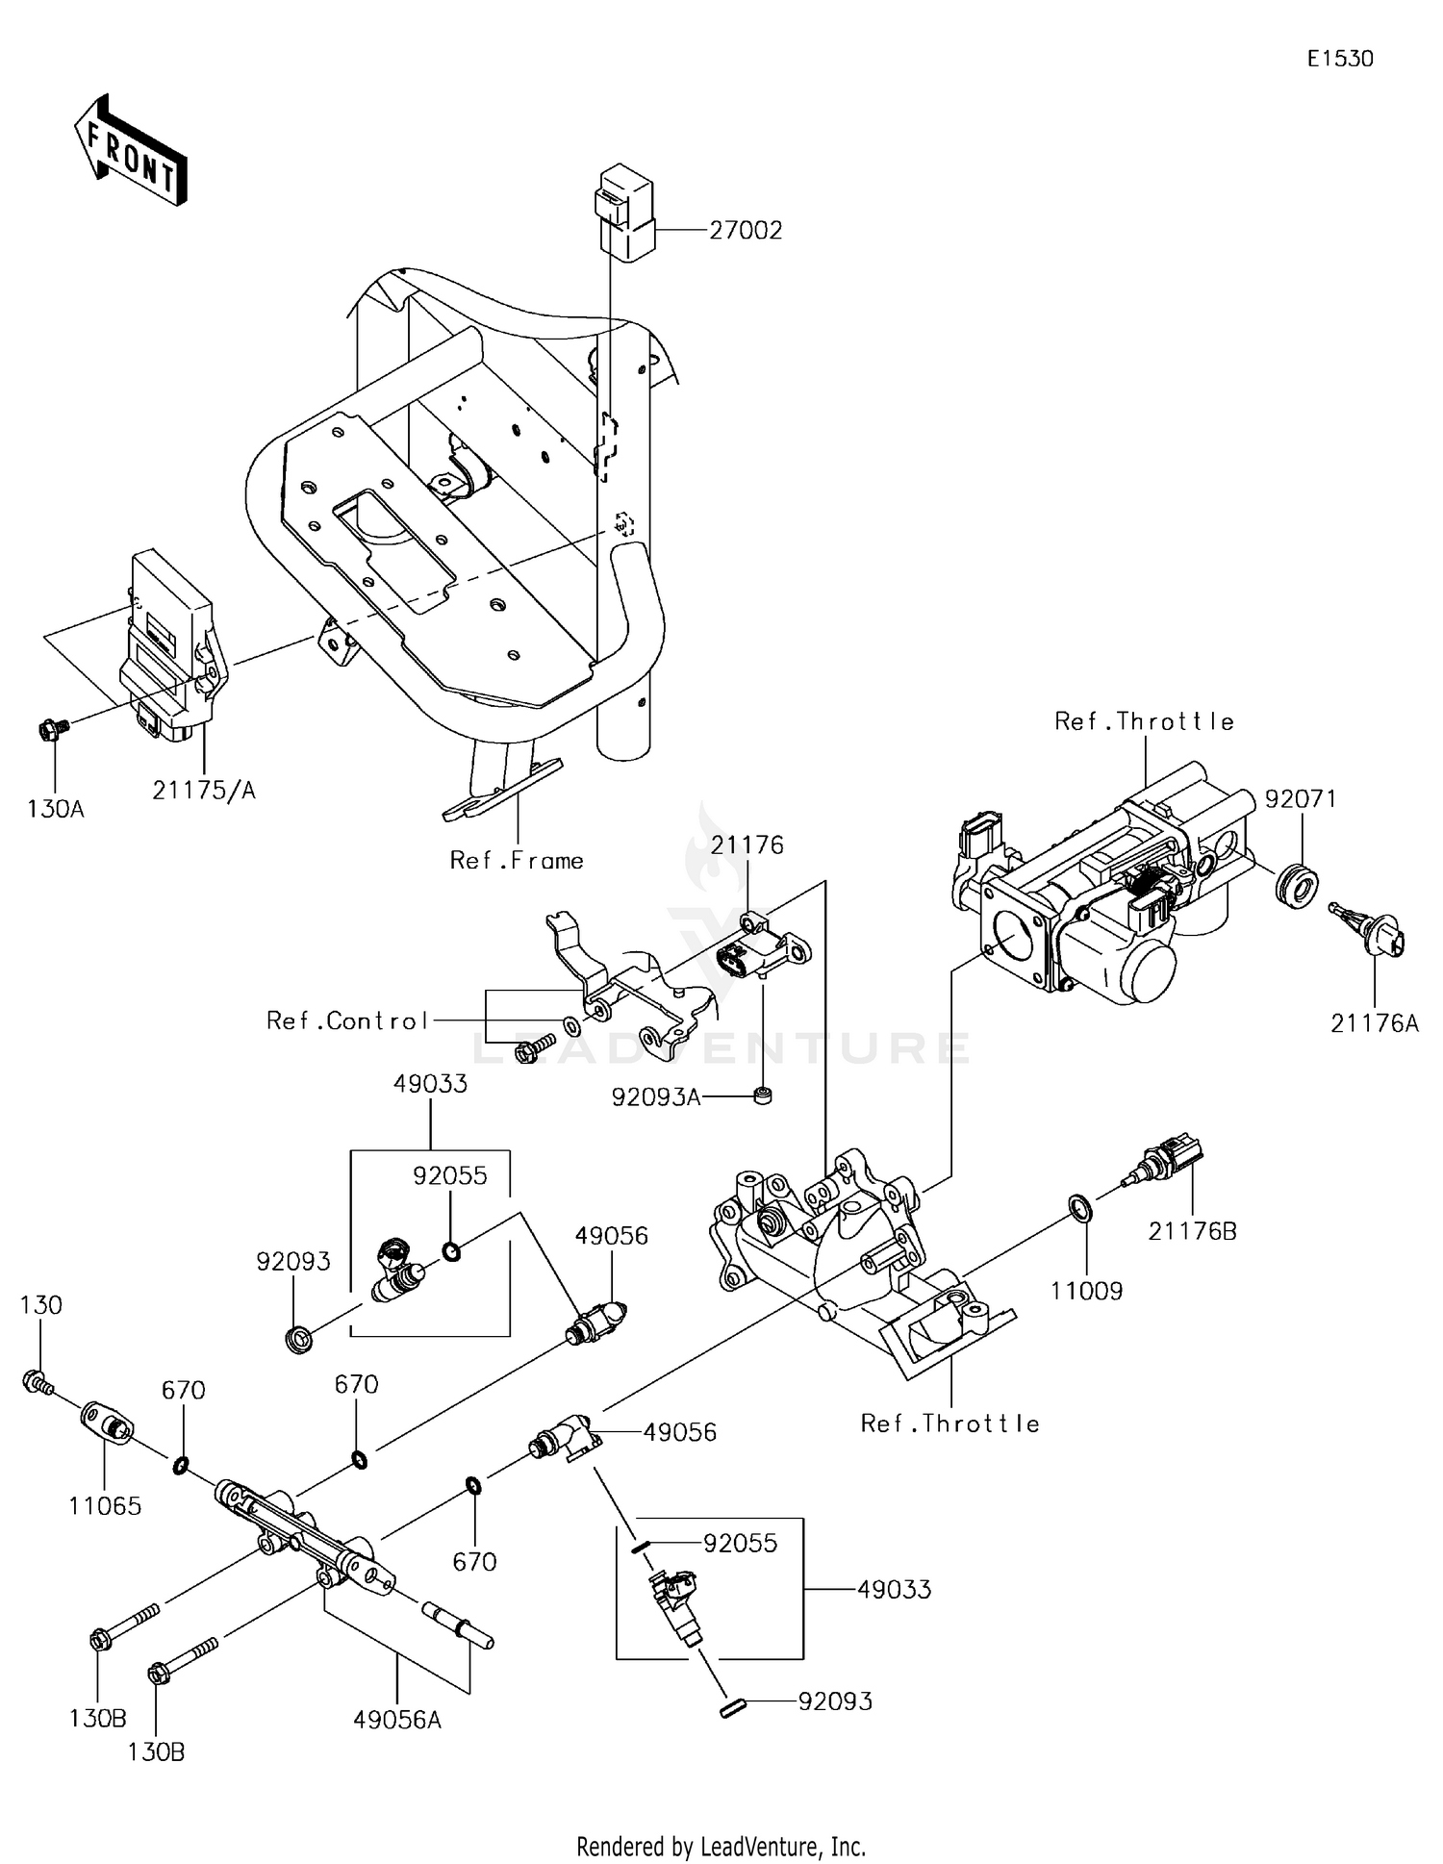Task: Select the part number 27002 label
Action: click(x=746, y=231)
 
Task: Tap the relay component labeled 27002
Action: click(x=624, y=214)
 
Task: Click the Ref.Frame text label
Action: click(x=517, y=860)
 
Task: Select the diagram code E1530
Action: click(x=1340, y=59)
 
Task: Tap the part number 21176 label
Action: click(x=747, y=844)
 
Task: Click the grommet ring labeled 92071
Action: click(x=1295, y=884)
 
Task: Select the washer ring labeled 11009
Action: click(x=1080, y=1209)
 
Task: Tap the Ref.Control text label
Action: click(x=347, y=1020)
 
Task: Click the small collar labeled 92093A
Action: click(x=762, y=1096)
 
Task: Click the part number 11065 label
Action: click(x=105, y=1505)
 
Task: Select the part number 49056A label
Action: click(x=396, y=1719)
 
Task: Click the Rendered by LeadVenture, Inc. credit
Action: click(x=721, y=1846)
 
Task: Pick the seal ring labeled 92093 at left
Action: click(x=300, y=1338)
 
